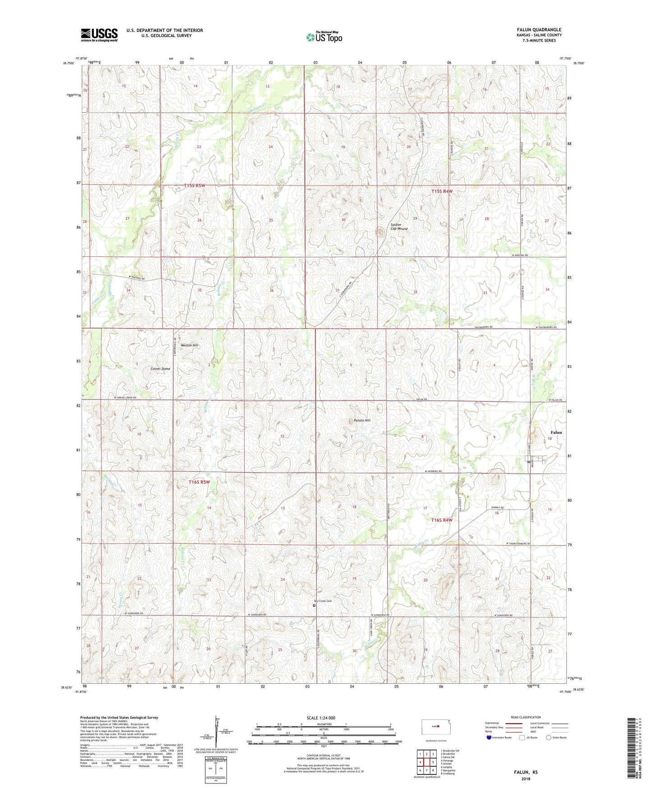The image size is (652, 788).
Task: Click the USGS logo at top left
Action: click(x=99, y=35)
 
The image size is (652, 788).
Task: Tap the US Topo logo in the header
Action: click(x=324, y=37)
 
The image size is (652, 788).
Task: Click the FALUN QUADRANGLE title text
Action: click(x=539, y=30)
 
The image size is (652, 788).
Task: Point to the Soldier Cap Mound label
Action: click(x=399, y=227)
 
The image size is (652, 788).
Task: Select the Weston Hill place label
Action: click(x=190, y=345)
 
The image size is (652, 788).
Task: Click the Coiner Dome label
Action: click(x=160, y=369)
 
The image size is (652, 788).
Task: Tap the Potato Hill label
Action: click(x=362, y=420)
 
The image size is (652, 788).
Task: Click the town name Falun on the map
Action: click(x=556, y=432)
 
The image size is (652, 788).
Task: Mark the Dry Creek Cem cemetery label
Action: click(x=323, y=601)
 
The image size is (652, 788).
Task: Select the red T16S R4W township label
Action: click(x=442, y=520)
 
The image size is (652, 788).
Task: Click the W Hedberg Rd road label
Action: click(x=433, y=471)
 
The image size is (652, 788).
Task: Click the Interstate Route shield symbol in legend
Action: click(x=489, y=737)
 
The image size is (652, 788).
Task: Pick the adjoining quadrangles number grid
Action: click(x=426, y=763)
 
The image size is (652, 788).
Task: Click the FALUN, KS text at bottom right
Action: click(x=526, y=772)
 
